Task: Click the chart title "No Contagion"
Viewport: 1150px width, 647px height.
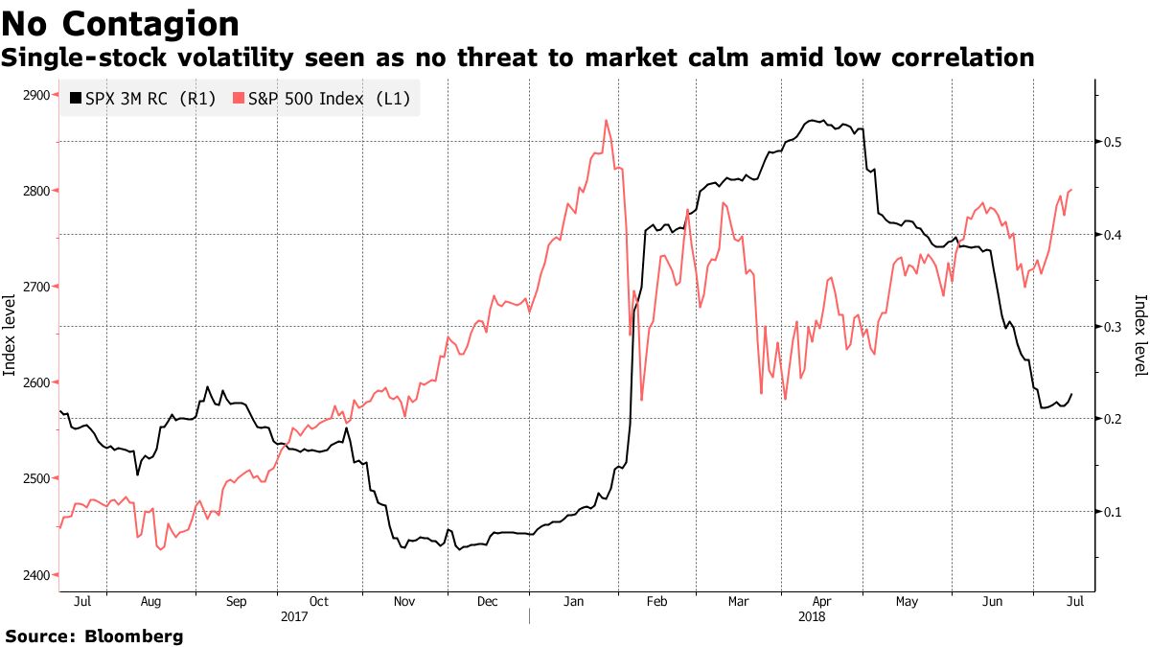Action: [121, 24]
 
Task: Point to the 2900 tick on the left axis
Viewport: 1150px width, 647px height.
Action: [36, 95]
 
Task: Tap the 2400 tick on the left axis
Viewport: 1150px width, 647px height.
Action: [36, 574]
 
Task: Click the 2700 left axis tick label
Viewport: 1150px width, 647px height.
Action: [36, 287]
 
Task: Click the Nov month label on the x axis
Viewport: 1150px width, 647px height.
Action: [403, 602]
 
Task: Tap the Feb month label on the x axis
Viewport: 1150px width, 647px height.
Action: [656, 602]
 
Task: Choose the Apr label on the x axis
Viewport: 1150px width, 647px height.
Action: [823, 602]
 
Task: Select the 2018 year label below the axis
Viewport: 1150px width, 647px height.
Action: [813, 617]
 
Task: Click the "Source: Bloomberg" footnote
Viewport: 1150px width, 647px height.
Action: [94, 635]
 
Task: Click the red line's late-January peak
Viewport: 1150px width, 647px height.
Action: [607, 121]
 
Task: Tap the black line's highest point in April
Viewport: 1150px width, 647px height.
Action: [814, 121]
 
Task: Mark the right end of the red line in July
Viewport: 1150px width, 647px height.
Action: [1070, 190]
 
